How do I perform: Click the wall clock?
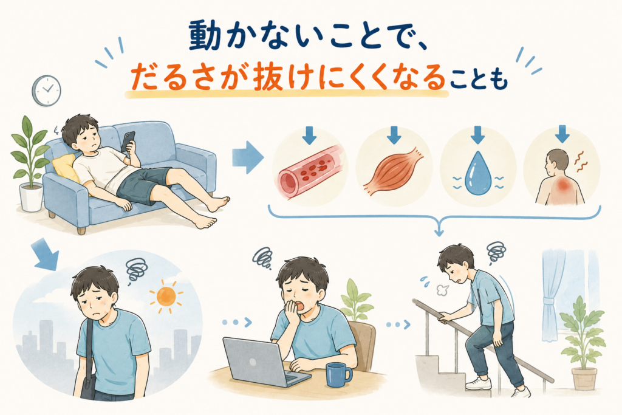(x=46, y=91)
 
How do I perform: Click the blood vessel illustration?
(x=308, y=171)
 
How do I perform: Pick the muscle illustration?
(x=393, y=172)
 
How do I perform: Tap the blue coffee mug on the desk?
(x=338, y=374)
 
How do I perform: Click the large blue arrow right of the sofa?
(x=248, y=157)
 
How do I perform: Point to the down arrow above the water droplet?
(x=477, y=135)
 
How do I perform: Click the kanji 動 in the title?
(x=204, y=36)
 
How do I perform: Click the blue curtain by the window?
(x=552, y=293)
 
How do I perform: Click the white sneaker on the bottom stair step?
(x=479, y=383)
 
